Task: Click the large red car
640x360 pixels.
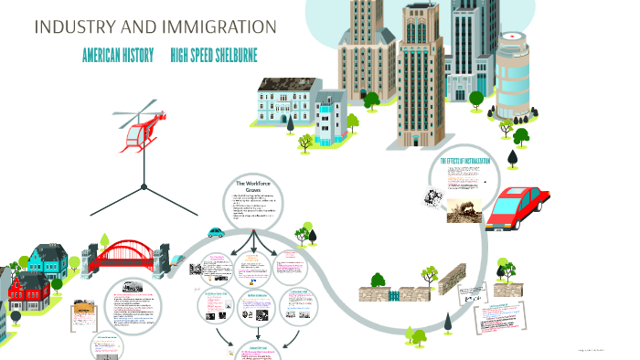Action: tap(517, 208)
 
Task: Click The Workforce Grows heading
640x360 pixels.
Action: tap(255, 188)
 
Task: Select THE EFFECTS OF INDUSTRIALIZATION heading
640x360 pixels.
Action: tap(465, 162)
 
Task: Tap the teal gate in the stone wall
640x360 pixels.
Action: tap(394, 295)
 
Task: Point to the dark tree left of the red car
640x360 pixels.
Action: tap(512, 158)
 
